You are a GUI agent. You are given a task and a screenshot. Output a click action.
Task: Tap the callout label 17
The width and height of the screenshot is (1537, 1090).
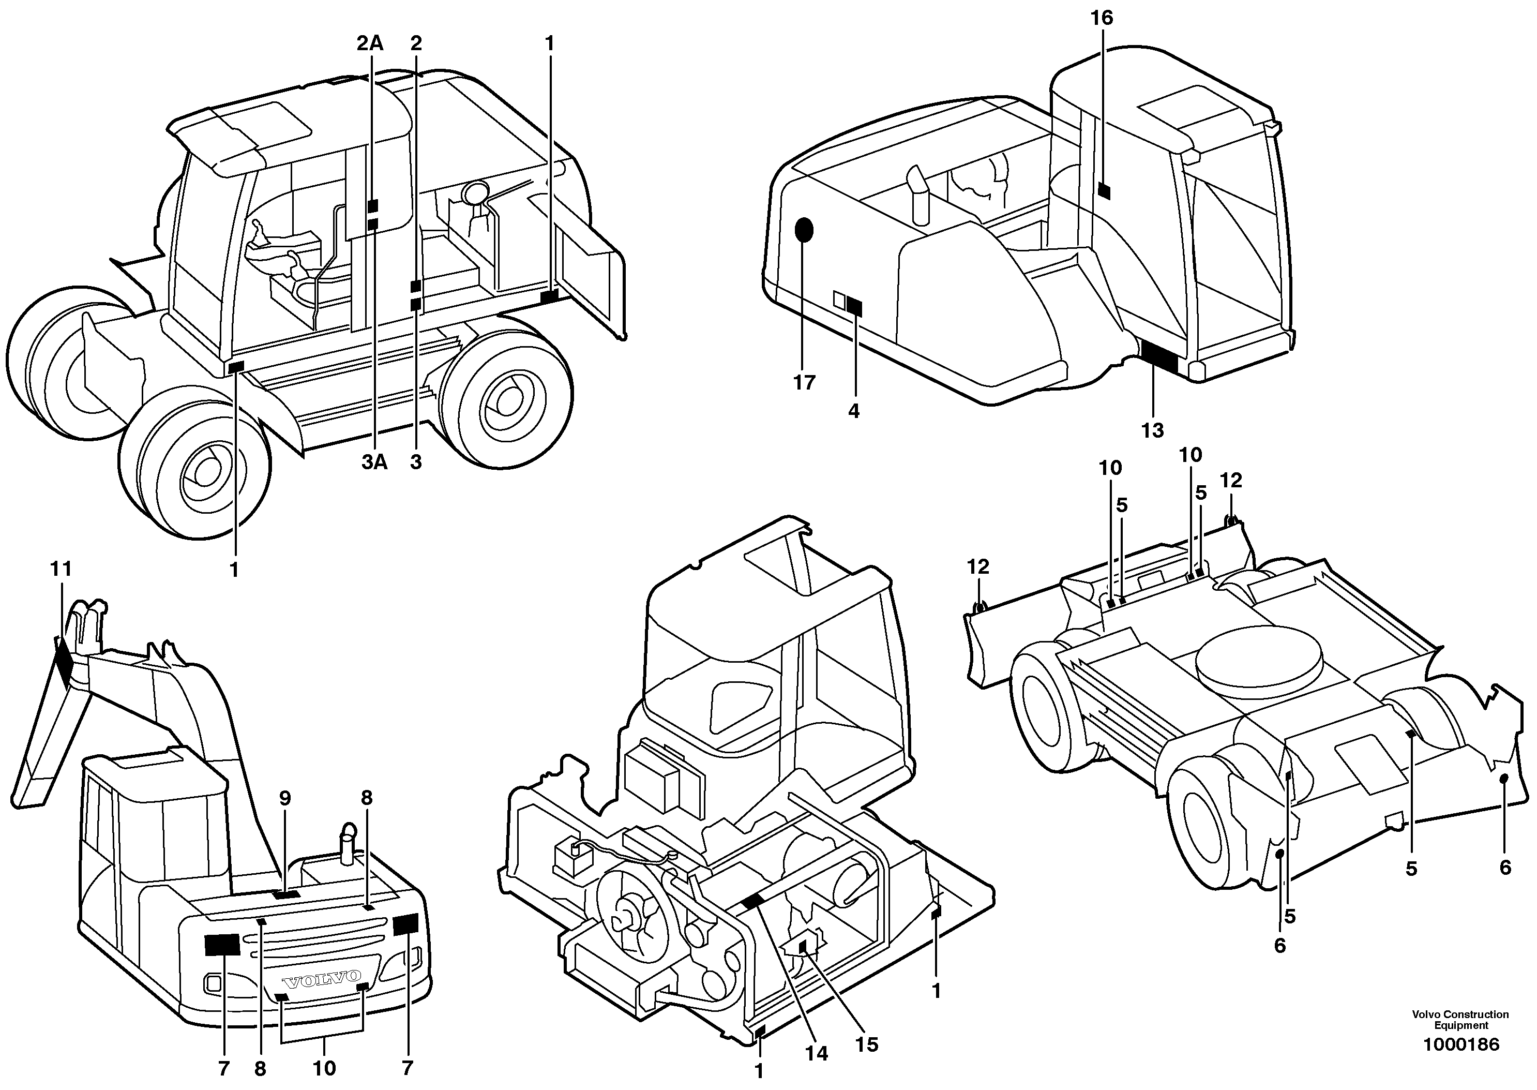pos(804,383)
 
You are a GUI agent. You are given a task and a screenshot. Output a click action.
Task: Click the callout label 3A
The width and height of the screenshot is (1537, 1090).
pos(374,462)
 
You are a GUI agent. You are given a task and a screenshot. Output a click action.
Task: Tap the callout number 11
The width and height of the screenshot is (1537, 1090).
pos(61,569)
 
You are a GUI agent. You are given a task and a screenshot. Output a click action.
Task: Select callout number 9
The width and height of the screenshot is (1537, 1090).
pos(285,798)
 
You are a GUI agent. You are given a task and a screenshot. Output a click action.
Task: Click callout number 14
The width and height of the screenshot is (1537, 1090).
pos(817,1053)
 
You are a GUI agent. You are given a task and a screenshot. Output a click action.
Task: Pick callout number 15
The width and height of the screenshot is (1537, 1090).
pos(867,1044)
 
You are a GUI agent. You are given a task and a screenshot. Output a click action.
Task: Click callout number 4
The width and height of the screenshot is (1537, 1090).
pos(853,411)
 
